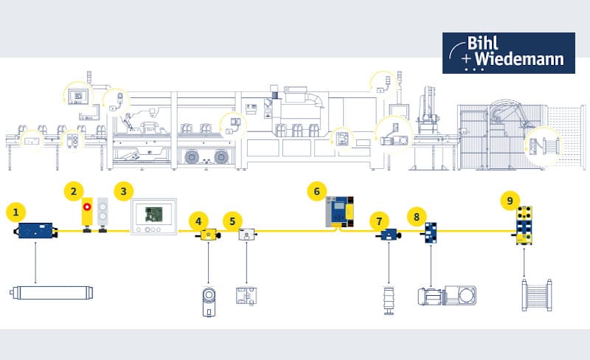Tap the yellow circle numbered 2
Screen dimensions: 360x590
click(x=73, y=192)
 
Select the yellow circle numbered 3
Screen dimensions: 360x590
click(x=123, y=191)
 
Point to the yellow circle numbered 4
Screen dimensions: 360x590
click(x=197, y=220)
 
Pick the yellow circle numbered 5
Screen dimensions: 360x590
click(x=232, y=220)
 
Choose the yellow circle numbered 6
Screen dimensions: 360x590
click(x=316, y=191)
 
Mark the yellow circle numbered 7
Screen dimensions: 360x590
click(x=379, y=220)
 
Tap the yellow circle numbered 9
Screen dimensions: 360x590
click(x=508, y=200)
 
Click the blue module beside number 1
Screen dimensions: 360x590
click(x=37, y=232)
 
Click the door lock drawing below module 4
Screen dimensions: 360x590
click(x=207, y=299)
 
